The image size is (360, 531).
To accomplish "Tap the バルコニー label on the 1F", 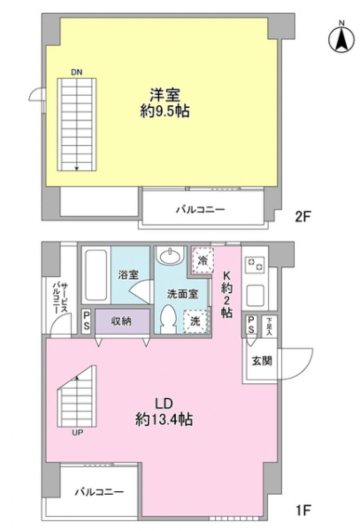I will (x=99, y=492).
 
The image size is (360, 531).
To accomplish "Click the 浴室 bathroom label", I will (x=128, y=274).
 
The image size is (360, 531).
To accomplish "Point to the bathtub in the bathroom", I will (x=96, y=275).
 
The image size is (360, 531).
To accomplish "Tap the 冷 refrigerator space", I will (x=203, y=259).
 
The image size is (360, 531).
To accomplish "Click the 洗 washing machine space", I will (x=195, y=321).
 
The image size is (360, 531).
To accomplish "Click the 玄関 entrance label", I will (x=262, y=361).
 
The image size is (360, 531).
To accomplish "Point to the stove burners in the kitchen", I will (x=254, y=265).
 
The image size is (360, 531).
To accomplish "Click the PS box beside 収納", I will (x=87, y=322).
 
